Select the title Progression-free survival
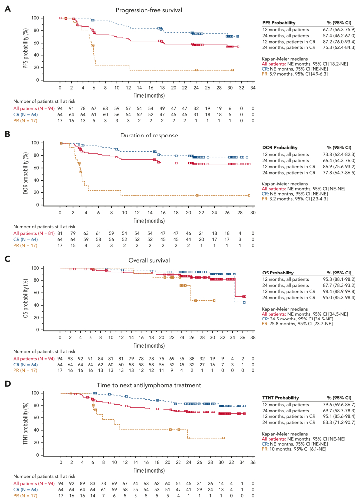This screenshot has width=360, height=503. (155, 10)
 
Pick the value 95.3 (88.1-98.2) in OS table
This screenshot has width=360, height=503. (334, 280)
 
